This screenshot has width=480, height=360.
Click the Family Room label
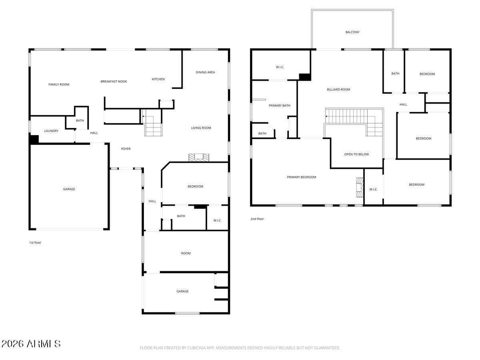pos(59,84)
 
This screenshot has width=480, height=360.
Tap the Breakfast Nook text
pos(114,82)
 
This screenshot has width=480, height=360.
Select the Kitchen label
pos(158,79)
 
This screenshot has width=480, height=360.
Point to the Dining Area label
pos(205,72)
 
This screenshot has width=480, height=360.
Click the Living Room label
pos(201,128)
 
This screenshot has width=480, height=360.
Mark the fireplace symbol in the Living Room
pos(199,158)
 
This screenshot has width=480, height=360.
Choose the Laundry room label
pos(51,131)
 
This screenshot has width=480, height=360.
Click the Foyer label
pos(126,149)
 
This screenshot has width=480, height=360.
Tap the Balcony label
pos(352,32)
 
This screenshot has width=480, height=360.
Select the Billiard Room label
pos(338,90)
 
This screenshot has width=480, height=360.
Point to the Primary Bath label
pos(279,106)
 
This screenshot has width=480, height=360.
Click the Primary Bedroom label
pos(301,177)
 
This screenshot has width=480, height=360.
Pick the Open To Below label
pos(356,154)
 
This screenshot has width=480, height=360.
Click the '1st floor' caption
pos(35,243)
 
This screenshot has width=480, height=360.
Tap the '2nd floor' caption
pos(257,219)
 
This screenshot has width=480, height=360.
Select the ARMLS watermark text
pos(31,344)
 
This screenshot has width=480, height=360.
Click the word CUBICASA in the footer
pos(196,348)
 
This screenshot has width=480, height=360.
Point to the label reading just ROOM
pos(186,253)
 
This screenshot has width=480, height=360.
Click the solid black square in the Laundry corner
pos(34,140)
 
